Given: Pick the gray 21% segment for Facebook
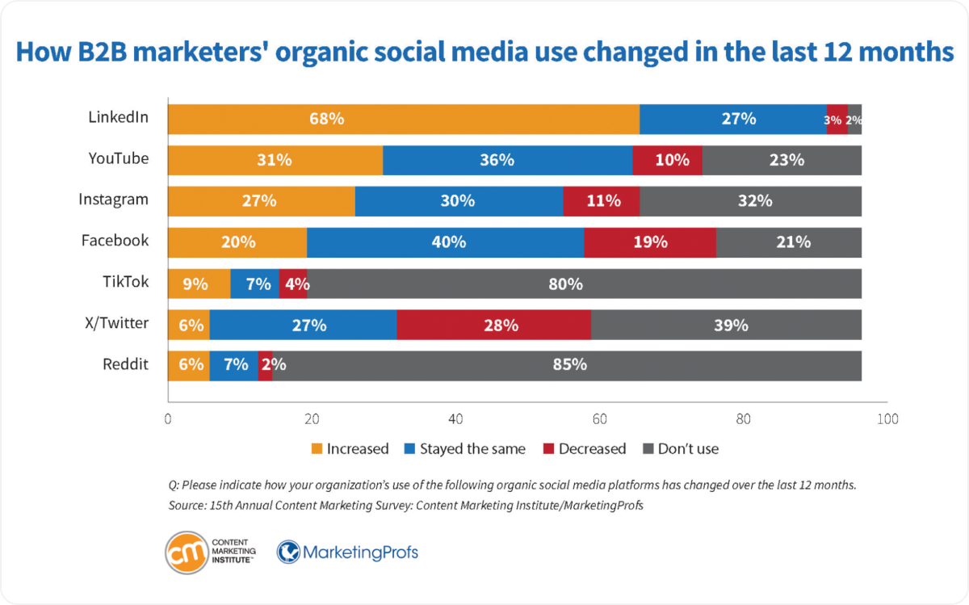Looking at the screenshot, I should (788, 242).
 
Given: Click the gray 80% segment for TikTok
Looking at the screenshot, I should (584, 284).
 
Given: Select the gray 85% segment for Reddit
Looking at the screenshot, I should (567, 365).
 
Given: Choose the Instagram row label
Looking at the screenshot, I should (113, 200).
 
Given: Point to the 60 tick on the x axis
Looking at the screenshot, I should (599, 419).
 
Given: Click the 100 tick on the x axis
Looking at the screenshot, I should (887, 419).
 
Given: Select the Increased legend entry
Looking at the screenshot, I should (350, 448).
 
